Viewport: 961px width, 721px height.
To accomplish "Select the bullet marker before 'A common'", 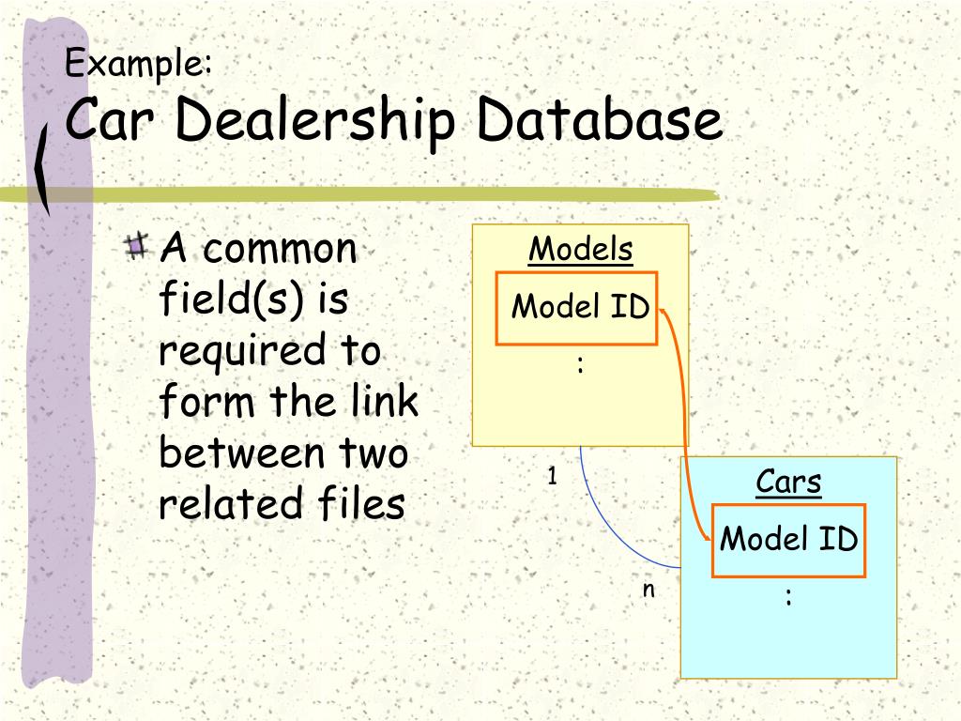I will [x=137, y=247].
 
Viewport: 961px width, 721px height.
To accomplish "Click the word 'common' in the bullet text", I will [x=280, y=250].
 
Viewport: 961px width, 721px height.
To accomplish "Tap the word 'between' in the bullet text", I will [x=235, y=453].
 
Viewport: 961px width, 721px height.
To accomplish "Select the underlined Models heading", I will [x=581, y=250].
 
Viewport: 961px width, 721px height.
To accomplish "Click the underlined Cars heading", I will [x=788, y=483].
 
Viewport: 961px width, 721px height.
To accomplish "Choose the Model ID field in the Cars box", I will [x=788, y=539].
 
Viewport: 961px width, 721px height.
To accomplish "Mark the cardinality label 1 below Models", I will [x=553, y=477].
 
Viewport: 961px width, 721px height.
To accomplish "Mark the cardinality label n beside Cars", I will [x=648, y=590].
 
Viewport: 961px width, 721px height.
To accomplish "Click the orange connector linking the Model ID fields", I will [x=686, y=422].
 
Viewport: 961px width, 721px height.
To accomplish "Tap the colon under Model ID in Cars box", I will [x=788, y=596].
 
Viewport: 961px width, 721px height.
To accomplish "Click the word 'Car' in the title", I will [x=102, y=122].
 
